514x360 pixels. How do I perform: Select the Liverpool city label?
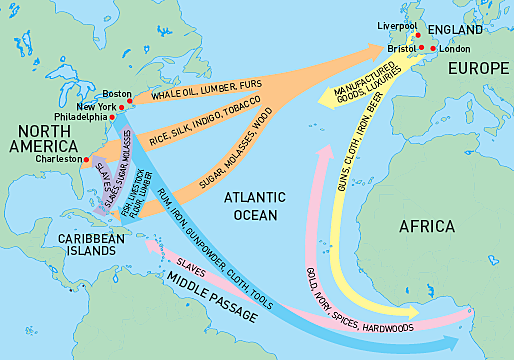tap(396, 24)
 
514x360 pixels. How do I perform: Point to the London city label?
tap(455, 48)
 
